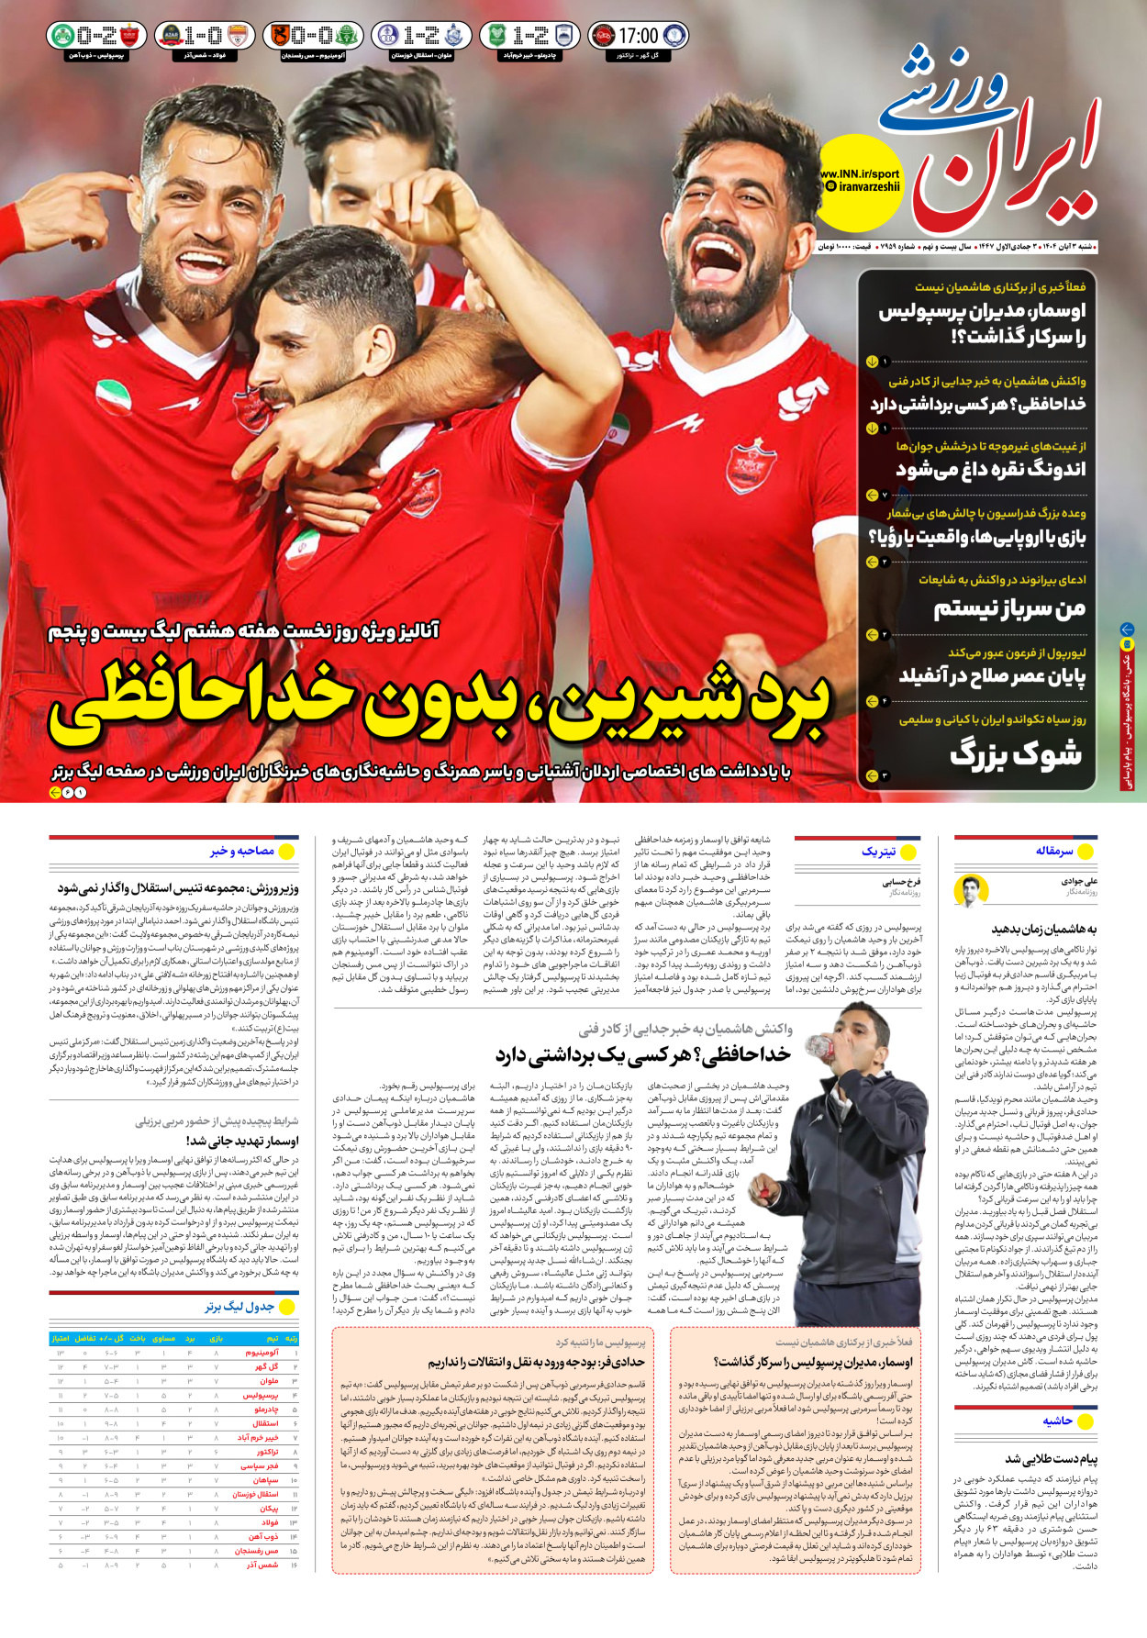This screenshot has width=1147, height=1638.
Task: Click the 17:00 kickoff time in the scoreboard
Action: tap(638, 36)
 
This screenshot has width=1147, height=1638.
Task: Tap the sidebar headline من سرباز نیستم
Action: tap(1009, 608)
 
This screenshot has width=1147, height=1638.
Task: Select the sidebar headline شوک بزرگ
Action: tap(1016, 754)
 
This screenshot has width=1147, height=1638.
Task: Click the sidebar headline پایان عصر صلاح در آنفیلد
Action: tap(992, 676)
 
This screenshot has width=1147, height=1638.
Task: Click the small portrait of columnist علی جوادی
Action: tap(970, 890)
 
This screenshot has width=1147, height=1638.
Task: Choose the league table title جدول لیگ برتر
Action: tap(239, 1307)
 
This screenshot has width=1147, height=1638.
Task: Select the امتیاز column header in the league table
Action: tap(61, 1339)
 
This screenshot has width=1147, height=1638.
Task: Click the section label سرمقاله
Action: tap(1054, 851)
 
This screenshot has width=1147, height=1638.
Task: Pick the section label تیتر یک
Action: tap(878, 852)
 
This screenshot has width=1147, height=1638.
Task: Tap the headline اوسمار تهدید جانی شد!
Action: tap(242, 1141)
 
